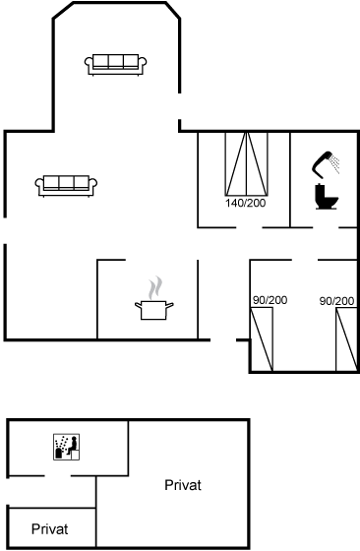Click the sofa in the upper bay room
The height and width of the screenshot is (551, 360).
115,65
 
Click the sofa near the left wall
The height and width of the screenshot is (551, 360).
66,186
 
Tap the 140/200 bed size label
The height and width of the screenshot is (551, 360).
246,203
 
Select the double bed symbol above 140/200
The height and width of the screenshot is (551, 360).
246,163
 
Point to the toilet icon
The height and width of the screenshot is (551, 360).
327,197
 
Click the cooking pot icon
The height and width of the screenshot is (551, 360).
154,310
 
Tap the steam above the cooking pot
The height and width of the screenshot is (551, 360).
155,287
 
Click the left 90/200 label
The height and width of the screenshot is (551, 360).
270,300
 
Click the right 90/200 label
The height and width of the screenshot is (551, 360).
336,301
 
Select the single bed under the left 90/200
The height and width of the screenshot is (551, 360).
262,339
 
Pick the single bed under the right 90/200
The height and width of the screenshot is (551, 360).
346,339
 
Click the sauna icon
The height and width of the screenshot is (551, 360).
66,447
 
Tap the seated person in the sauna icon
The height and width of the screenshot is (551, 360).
73,446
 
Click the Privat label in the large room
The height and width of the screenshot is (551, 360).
183,485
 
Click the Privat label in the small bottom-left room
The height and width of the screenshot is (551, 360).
49,529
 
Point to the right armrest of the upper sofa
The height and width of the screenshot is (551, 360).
143,63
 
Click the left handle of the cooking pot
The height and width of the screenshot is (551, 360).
138,305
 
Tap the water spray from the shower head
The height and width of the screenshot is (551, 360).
335,163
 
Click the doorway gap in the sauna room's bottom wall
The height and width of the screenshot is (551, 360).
58,476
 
